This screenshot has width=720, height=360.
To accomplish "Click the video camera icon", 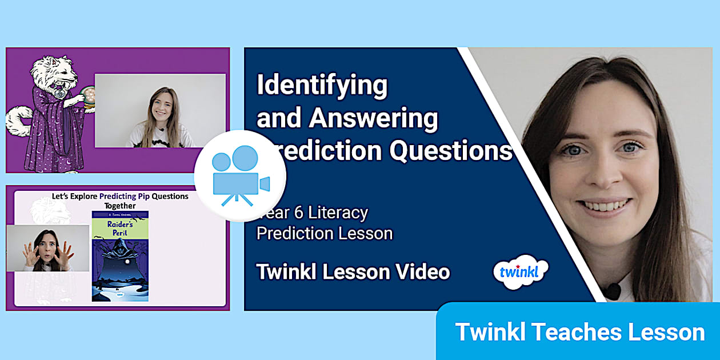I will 240,175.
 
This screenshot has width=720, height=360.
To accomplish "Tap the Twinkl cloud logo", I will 520,271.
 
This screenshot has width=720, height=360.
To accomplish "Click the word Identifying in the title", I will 322,86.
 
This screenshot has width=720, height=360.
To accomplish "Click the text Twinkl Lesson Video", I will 353,272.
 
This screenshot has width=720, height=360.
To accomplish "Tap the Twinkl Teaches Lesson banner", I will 579,332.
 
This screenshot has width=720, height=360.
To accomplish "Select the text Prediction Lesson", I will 324,233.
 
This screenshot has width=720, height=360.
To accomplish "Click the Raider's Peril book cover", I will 120,256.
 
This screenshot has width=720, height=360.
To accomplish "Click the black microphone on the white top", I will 613,291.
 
